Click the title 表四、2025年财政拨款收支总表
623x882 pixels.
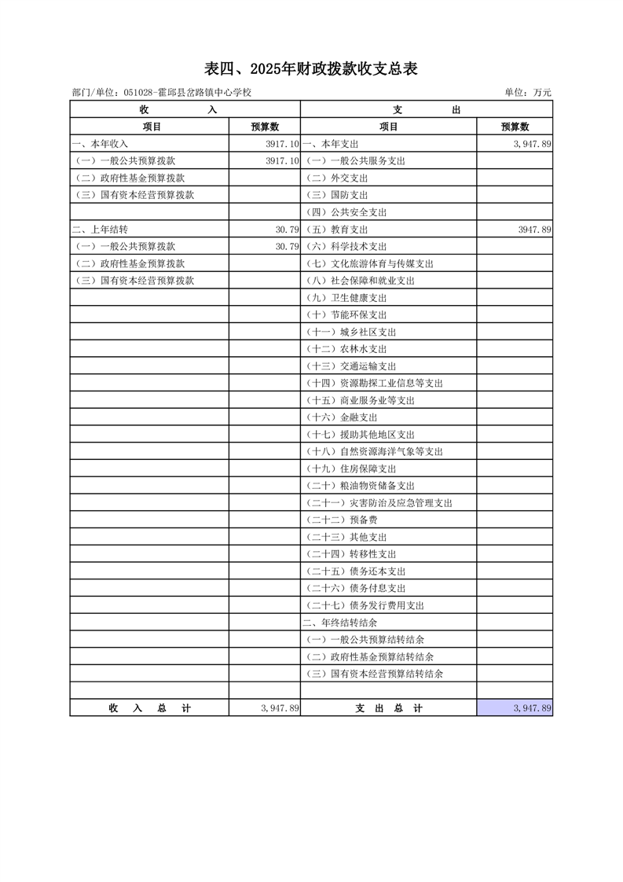311,69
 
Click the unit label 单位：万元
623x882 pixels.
527,93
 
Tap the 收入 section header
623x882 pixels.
185,110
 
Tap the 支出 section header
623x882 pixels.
427,110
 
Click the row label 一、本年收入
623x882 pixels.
100,144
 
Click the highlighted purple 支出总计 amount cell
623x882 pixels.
515,708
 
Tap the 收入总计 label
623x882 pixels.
149,708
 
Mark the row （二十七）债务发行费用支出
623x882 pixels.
365,605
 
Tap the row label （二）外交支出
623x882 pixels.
336,178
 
